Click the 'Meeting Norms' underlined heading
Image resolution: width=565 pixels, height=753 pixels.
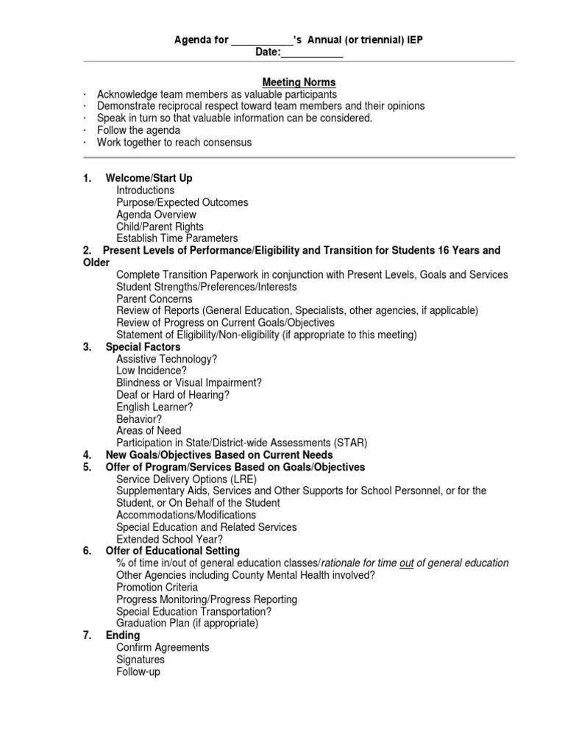(x=299, y=82)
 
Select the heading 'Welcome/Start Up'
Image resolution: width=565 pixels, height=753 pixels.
(x=149, y=179)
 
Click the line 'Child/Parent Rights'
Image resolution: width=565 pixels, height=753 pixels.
(x=160, y=226)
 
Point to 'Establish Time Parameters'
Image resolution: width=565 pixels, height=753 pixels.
(x=177, y=238)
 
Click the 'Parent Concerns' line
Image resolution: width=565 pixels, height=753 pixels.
(x=154, y=299)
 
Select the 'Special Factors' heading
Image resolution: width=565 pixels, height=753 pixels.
(x=143, y=347)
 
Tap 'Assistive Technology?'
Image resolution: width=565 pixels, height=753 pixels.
(x=166, y=359)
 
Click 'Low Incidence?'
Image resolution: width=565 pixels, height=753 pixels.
(x=152, y=371)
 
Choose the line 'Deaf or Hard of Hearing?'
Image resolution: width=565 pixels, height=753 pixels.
(x=173, y=395)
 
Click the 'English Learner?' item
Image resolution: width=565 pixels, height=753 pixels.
(x=154, y=407)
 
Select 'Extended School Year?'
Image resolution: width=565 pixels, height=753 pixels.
(x=169, y=539)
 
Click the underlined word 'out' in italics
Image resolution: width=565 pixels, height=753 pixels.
(x=407, y=563)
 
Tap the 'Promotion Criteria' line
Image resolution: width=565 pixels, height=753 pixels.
(x=157, y=588)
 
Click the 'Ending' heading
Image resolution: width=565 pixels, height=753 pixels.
(x=122, y=635)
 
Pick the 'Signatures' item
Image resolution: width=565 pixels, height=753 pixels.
(x=141, y=660)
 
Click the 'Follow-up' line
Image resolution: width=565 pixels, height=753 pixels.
(x=138, y=671)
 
